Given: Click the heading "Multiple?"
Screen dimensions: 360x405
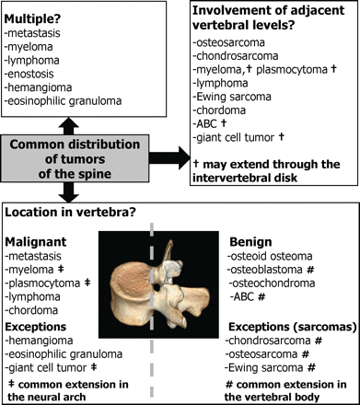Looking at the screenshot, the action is point(32,19).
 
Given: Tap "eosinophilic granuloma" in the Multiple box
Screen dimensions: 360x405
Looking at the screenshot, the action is point(64,101).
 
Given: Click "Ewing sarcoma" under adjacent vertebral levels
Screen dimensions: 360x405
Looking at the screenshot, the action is point(232,97).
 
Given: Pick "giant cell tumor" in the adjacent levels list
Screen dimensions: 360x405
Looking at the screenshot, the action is point(234,137).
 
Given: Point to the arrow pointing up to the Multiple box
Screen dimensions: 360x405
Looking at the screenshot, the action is point(69,126).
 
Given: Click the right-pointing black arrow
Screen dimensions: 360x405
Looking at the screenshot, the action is point(169,158).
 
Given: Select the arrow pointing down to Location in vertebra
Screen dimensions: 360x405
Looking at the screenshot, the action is point(69,192).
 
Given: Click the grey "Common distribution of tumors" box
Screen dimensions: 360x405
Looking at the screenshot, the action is point(75,158).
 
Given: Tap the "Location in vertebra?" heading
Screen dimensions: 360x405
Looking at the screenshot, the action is point(70,213).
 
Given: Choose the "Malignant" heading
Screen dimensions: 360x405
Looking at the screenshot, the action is point(36,242).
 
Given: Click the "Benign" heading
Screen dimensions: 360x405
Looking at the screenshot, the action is point(250,242).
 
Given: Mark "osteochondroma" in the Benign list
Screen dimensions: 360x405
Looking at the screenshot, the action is point(272,283).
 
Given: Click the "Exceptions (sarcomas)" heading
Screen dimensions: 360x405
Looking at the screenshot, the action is point(293,327).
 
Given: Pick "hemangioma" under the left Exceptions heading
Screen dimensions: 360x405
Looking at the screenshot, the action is point(40,341).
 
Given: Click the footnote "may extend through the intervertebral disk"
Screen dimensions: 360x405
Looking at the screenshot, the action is point(266,171).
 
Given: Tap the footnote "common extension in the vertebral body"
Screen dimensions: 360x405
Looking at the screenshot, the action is point(286,391).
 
